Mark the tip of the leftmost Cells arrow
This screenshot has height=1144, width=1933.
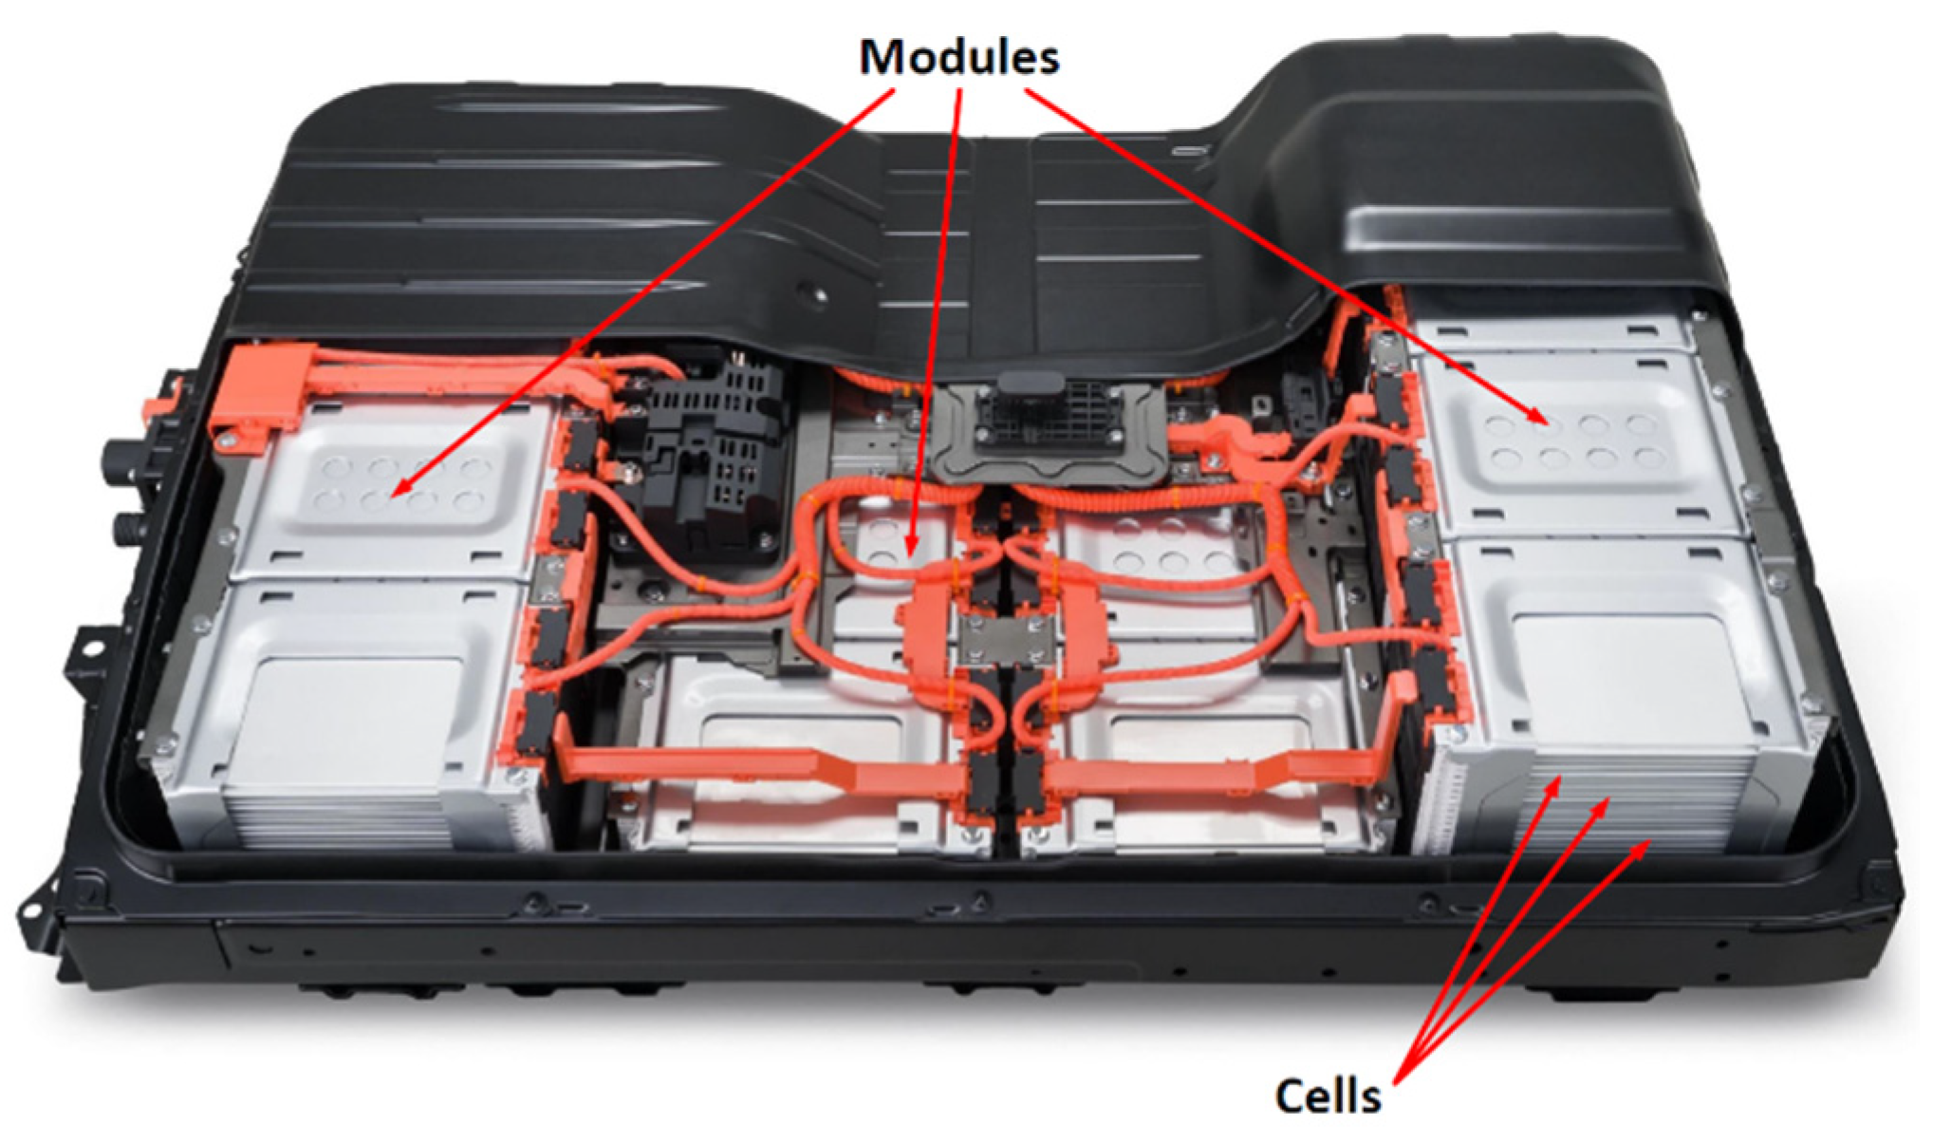tap(1561, 778)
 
